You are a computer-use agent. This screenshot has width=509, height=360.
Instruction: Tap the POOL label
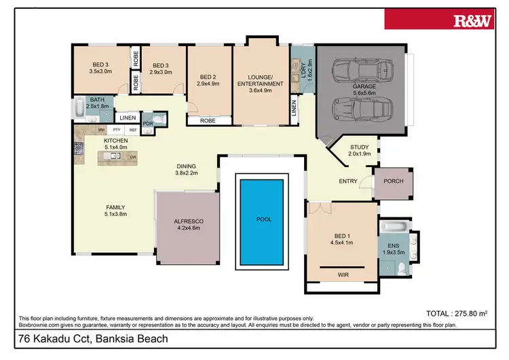[x=263, y=220]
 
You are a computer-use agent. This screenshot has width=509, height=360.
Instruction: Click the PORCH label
[x=394, y=181]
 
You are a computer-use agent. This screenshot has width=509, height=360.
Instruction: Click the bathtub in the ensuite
[x=394, y=226]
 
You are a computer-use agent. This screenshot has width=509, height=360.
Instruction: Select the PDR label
[x=147, y=124]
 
